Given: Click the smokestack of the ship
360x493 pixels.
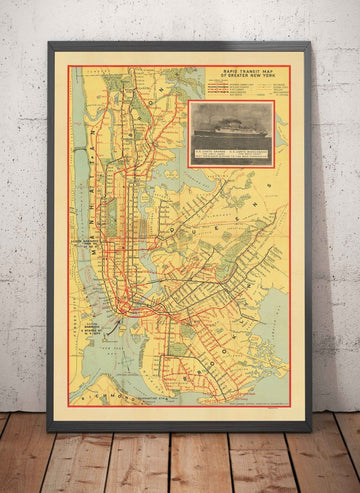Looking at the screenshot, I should (233, 118).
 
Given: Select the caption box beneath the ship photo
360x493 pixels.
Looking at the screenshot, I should (231, 152).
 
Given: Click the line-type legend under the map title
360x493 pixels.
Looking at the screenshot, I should (245, 89).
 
